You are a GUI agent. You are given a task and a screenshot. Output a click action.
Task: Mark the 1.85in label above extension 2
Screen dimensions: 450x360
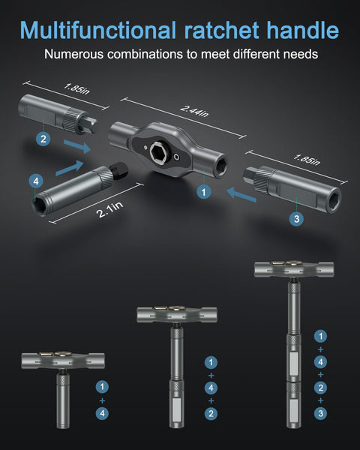(x=76, y=89)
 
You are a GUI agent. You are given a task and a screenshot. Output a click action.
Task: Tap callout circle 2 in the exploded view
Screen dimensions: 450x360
(x=43, y=138)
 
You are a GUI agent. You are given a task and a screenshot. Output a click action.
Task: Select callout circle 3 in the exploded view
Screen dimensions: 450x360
(x=297, y=218)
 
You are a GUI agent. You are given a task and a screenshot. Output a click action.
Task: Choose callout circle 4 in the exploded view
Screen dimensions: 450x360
(x=34, y=181)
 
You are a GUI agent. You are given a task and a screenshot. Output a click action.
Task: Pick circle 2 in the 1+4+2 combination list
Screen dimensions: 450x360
(x=211, y=413)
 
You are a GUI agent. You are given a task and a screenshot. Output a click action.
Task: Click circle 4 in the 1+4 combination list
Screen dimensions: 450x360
(x=102, y=412)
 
